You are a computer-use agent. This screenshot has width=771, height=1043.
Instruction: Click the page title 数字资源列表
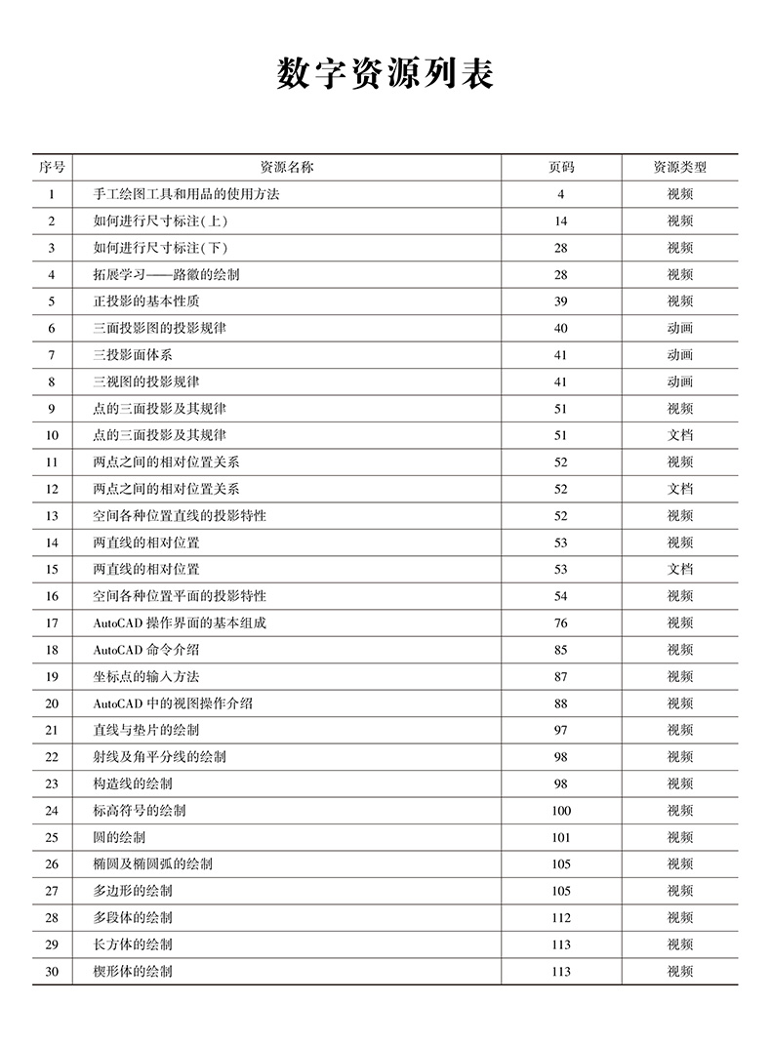coord(385,74)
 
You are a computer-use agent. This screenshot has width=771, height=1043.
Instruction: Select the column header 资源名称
coord(286,167)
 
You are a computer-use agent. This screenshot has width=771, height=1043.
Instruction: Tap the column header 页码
coord(561,167)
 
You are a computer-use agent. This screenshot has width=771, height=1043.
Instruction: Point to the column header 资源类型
coord(679,167)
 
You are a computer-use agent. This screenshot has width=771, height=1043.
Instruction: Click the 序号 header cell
coord(52,167)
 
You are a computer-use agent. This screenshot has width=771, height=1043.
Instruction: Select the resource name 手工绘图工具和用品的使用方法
coord(185,194)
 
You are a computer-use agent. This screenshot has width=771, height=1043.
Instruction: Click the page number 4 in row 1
coord(561,194)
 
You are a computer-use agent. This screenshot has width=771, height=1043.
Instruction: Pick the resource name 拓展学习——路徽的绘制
coord(166,274)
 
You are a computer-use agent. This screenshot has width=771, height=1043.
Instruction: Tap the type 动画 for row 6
coord(679,328)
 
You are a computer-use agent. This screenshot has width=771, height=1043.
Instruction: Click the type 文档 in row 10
coord(679,435)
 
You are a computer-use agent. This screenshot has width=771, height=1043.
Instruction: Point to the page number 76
coord(561,622)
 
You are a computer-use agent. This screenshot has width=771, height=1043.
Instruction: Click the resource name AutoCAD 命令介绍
coord(146,650)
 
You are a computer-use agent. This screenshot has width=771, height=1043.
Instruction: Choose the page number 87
coord(561,676)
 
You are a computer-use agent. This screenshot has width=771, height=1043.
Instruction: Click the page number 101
coord(561,837)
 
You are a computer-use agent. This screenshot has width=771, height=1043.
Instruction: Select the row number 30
coord(52,972)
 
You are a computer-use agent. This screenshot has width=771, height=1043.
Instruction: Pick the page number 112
coord(561,918)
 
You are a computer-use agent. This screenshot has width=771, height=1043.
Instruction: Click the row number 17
coord(52,622)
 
